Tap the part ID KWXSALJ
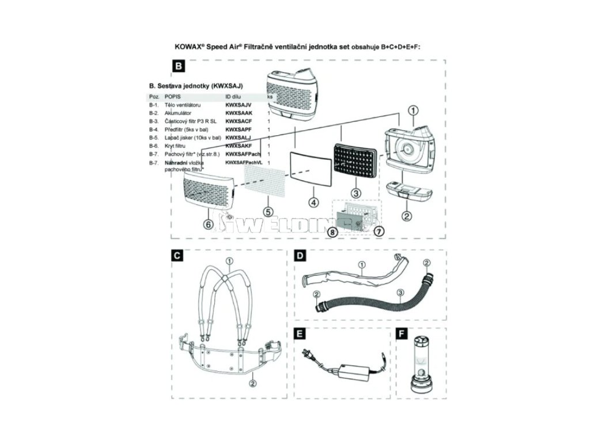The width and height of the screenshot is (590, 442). click(238, 139)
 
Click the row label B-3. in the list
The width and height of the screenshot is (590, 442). click(153, 122)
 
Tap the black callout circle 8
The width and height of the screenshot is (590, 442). click(332, 231)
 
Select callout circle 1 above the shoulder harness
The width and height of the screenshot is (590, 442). click(229, 261)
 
